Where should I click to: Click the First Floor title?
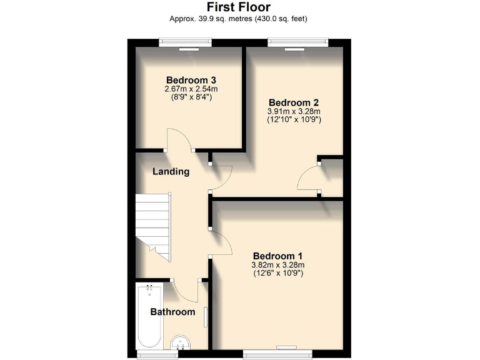(x=239, y=7)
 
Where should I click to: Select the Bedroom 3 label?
(x=191, y=80)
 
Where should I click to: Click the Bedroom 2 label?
(x=294, y=102)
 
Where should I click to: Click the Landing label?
(x=171, y=171)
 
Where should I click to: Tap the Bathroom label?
(x=172, y=311)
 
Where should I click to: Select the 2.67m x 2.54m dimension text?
(x=191, y=89)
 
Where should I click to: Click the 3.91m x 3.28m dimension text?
(x=294, y=112)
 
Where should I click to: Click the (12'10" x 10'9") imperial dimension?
(x=294, y=120)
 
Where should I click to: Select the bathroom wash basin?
(x=181, y=342)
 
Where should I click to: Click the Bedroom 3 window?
(x=184, y=42)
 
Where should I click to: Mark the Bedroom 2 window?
(x=297, y=42)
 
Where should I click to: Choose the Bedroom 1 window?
(x=276, y=354)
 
